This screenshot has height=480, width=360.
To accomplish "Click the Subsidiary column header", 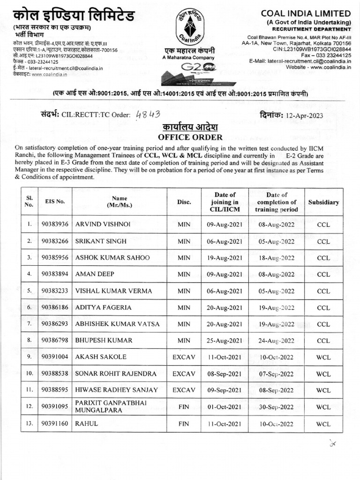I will click(x=323, y=202).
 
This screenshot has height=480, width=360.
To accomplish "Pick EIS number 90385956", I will click(x=55, y=258).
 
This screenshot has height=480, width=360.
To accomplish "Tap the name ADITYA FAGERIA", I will click(x=103, y=307).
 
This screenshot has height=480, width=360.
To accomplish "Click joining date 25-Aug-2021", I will click(x=225, y=340).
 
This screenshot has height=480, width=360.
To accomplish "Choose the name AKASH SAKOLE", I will click(x=101, y=357).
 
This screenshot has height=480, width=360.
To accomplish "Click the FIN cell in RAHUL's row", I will click(x=184, y=424).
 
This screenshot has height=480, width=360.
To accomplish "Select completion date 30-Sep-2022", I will click(x=277, y=407).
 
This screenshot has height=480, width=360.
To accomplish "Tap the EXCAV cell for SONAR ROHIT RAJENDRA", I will click(x=184, y=374).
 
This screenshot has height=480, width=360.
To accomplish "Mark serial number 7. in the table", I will click(x=29, y=324).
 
